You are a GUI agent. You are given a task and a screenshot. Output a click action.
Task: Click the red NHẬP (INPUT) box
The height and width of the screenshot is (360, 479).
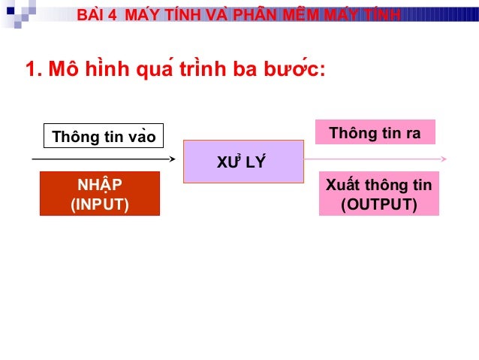point(100,194)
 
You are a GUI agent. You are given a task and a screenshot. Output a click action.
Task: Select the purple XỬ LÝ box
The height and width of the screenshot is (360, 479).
point(243,162)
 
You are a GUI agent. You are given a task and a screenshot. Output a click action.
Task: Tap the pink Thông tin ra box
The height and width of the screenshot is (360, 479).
point(375,132)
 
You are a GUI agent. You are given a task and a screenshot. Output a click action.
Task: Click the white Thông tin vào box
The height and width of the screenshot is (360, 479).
point(104,136)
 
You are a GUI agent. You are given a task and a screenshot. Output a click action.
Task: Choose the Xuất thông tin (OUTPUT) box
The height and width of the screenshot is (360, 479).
point(378,194)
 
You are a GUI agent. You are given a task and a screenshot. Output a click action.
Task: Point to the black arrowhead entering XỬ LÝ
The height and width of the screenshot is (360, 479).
point(172,159)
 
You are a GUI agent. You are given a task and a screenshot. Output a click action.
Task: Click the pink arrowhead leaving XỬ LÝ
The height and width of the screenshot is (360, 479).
point(444,159)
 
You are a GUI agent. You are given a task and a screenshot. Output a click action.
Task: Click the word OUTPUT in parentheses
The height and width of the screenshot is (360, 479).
point(379,204)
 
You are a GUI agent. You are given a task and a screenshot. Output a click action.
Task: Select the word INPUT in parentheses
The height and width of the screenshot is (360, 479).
point(100,204)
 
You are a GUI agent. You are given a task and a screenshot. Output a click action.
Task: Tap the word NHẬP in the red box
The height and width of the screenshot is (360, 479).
point(100,185)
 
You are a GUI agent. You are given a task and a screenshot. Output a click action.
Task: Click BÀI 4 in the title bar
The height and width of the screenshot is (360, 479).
point(98,15)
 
